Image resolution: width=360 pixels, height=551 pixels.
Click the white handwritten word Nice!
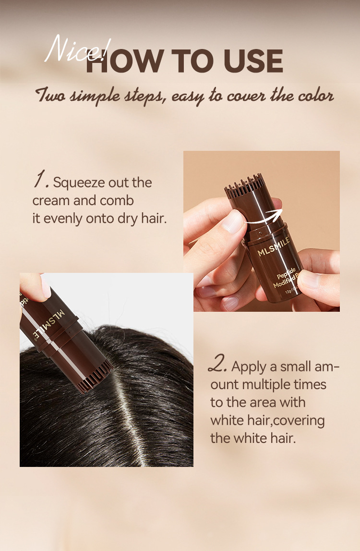[77, 50]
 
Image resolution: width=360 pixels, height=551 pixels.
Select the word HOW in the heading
[125, 61]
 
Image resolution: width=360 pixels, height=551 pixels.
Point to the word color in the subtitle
[316, 95]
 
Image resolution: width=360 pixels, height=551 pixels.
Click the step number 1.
[41, 180]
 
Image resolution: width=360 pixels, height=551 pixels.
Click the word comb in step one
[117, 201]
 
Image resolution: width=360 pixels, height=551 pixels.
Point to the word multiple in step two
[268, 385]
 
